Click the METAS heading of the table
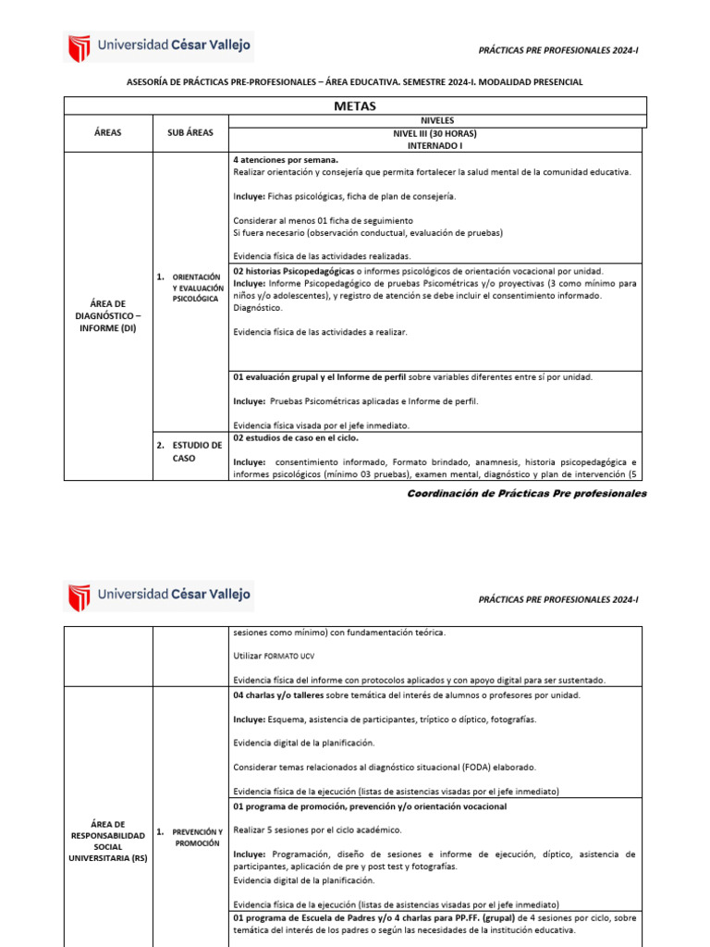(x=354, y=106)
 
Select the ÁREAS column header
(x=107, y=133)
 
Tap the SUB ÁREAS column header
(x=190, y=133)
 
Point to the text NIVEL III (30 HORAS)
(x=436, y=133)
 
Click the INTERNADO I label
(x=436, y=146)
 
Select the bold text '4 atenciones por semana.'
(x=286, y=160)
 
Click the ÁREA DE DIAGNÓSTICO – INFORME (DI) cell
(x=108, y=314)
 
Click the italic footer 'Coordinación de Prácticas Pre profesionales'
(x=527, y=494)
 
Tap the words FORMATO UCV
(x=290, y=657)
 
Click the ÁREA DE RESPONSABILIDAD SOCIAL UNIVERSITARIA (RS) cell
(x=108, y=841)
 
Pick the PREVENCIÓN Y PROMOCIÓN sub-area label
(x=197, y=838)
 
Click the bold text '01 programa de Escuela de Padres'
(x=312, y=917)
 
